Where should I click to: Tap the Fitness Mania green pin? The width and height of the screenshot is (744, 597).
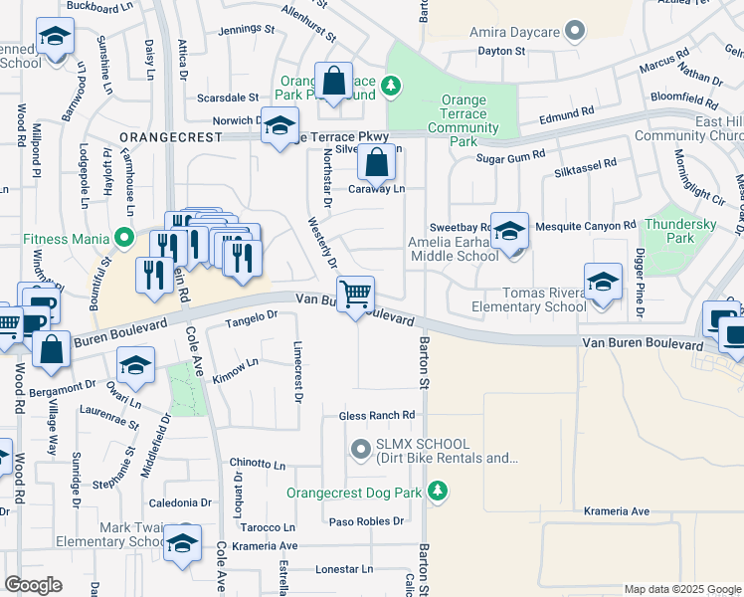click(x=124, y=239)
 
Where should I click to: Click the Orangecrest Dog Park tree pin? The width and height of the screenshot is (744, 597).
click(x=436, y=492)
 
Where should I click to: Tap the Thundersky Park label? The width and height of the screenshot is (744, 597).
click(x=681, y=231)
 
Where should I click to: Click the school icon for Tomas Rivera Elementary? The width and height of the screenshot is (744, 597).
click(x=603, y=282)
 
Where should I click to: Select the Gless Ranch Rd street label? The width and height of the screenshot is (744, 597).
click(x=376, y=415)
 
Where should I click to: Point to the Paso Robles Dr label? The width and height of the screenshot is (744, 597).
click(x=366, y=521)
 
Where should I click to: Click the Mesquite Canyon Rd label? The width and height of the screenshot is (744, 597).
click(x=585, y=227)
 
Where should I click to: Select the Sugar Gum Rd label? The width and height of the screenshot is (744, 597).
click(x=510, y=156)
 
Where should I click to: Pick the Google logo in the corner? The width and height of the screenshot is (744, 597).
click(x=34, y=585)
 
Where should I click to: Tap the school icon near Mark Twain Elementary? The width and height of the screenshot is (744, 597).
click(x=183, y=543)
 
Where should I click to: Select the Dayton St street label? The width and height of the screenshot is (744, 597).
click(x=500, y=50)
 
